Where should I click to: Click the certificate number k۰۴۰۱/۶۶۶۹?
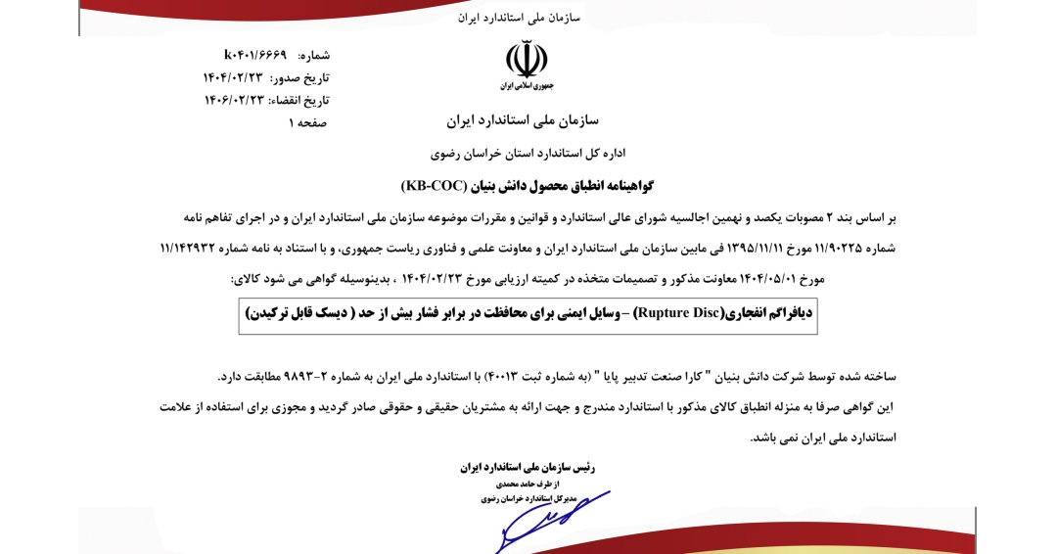[255, 55]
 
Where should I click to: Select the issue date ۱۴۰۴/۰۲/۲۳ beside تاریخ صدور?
[234, 77]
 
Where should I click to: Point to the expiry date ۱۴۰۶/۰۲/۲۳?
[234, 100]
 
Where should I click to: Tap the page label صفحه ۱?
[307, 122]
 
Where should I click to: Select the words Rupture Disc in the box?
[676, 313]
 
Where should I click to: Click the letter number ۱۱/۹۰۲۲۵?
[833, 248]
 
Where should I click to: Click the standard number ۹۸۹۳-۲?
[312, 376]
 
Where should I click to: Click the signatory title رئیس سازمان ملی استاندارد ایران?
[528, 467]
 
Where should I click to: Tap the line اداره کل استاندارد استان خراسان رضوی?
[528, 154]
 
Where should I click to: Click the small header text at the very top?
[519, 18]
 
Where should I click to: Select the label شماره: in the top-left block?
[313, 55]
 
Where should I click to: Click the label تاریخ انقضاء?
[299, 100]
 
